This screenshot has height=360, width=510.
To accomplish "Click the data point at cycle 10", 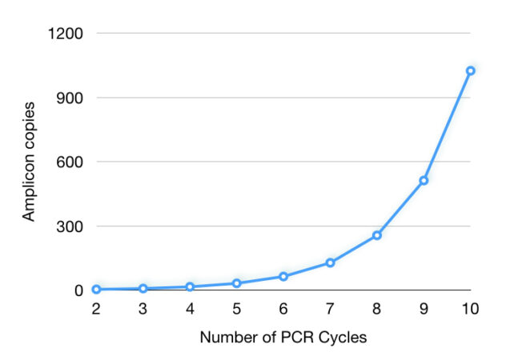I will (x=471, y=70).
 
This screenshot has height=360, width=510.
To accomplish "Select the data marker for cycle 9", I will (x=424, y=180).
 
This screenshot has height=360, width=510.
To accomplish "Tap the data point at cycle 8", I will (x=377, y=235).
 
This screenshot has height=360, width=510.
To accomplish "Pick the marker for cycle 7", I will (x=330, y=262).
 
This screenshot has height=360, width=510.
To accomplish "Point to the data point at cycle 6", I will (x=283, y=276).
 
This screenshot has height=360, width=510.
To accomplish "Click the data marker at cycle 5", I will (x=236, y=283).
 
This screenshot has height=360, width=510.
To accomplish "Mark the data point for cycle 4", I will (x=190, y=286).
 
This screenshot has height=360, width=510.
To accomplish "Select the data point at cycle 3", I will (x=143, y=288).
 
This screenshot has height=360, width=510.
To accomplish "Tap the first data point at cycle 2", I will (x=96, y=289).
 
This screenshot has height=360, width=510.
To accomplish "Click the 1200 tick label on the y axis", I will (x=66, y=34).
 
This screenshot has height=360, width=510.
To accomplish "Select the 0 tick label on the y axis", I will (x=78, y=290).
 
